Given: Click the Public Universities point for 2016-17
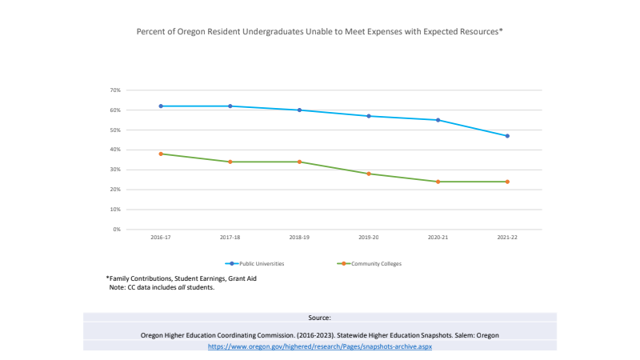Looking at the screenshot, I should tap(161, 106).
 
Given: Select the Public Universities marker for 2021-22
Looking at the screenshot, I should tap(507, 136).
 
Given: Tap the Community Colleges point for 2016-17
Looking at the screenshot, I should tap(161, 154).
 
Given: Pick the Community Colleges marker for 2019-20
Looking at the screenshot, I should tap(369, 174).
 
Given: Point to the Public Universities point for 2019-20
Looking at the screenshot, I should tap(369, 116).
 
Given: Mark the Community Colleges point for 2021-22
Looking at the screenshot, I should tap(507, 182).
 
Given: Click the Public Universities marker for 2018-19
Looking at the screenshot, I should tap(299, 110).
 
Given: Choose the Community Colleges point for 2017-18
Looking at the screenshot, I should tap(230, 162).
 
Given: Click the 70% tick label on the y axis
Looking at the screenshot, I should tap(115, 90).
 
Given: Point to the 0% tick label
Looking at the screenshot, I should tap(117, 230).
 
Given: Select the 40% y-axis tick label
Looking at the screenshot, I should tap(115, 150).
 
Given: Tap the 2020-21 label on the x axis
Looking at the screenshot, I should tap(438, 238).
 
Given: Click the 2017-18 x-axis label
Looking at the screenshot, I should tap(230, 238).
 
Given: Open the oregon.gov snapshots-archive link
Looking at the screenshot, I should tap(320, 346).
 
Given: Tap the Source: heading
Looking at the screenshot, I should tap(320, 318).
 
